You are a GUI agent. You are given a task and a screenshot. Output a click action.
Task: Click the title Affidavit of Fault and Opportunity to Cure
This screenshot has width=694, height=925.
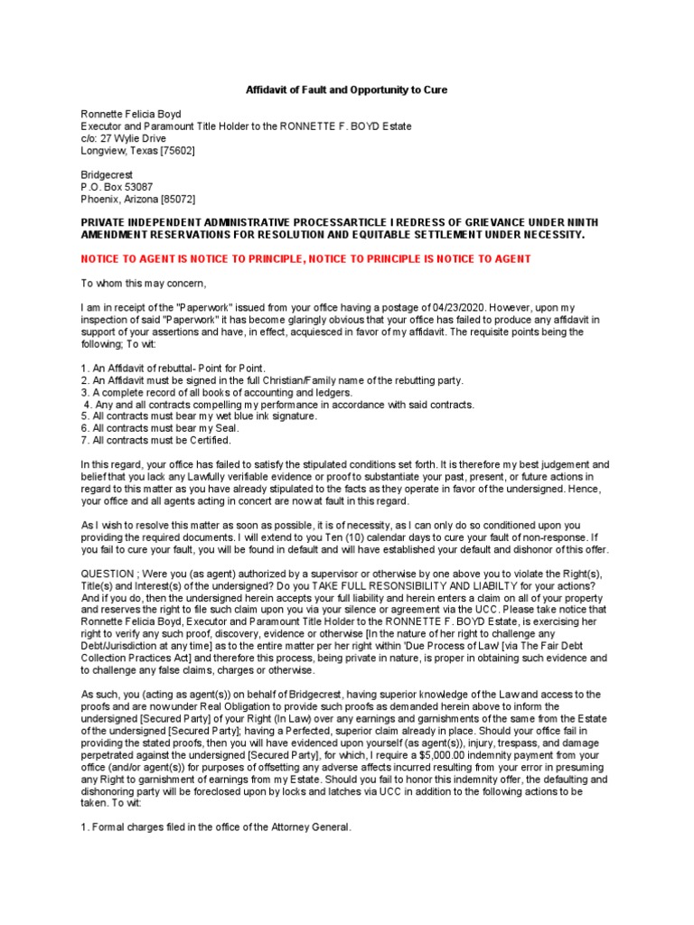click(347, 91)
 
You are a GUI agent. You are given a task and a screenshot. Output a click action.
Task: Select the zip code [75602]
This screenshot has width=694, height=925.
click(177, 151)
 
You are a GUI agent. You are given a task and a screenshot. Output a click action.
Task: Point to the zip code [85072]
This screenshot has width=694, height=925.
click(178, 199)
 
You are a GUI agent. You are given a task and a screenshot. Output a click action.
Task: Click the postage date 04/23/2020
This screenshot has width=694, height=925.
click(442, 307)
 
